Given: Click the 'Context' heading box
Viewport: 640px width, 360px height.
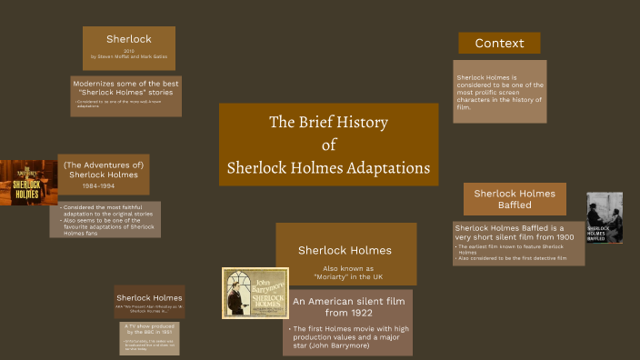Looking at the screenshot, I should coord(499,43).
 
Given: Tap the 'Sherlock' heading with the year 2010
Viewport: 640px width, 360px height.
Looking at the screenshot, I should coord(128,39).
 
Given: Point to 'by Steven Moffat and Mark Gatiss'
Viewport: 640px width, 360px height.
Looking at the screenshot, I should coord(128,56).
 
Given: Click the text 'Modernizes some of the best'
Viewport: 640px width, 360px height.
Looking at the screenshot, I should coord(126,82).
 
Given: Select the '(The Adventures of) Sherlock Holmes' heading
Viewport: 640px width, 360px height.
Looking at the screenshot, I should coord(104,169).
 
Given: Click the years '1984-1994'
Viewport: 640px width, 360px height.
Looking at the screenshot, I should coord(104,185).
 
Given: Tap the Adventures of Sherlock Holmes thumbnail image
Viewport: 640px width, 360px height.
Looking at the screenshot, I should coord(28,183).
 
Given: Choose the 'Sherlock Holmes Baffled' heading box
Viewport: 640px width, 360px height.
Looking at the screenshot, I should coord(515,198).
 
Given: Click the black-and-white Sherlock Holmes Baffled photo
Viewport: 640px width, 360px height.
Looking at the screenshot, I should coord(604,217).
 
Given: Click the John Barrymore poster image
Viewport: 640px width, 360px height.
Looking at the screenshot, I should coord(255,293).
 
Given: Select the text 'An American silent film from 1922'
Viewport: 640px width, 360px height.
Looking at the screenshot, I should coord(345,306).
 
